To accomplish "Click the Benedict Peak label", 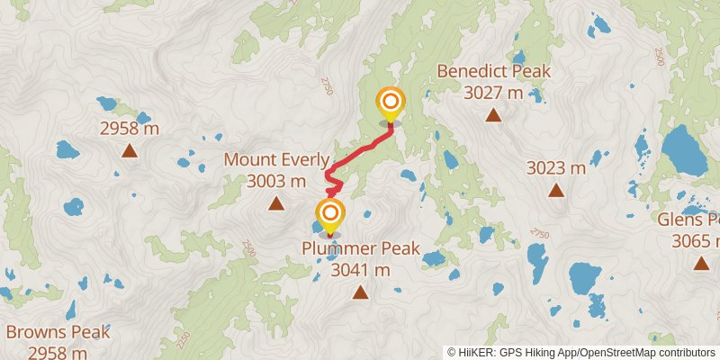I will [493, 72].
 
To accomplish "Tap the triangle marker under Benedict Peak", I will [493, 114].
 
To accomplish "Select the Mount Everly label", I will [276, 160].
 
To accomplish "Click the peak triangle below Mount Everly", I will [275, 203].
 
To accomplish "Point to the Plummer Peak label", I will [361, 248].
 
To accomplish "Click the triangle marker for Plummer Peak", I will [360, 292].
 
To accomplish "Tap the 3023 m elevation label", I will [556, 167].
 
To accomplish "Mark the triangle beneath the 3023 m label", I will [556, 190].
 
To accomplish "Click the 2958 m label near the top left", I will [130, 129].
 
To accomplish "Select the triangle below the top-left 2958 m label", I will [130, 151].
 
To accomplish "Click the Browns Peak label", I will [58, 332].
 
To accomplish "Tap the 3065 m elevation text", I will [695, 240].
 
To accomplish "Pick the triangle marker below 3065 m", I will [701, 263].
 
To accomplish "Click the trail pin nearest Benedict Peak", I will [391, 104].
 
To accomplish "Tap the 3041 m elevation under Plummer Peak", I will [361, 269].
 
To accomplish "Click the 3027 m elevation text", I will [493, 92].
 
